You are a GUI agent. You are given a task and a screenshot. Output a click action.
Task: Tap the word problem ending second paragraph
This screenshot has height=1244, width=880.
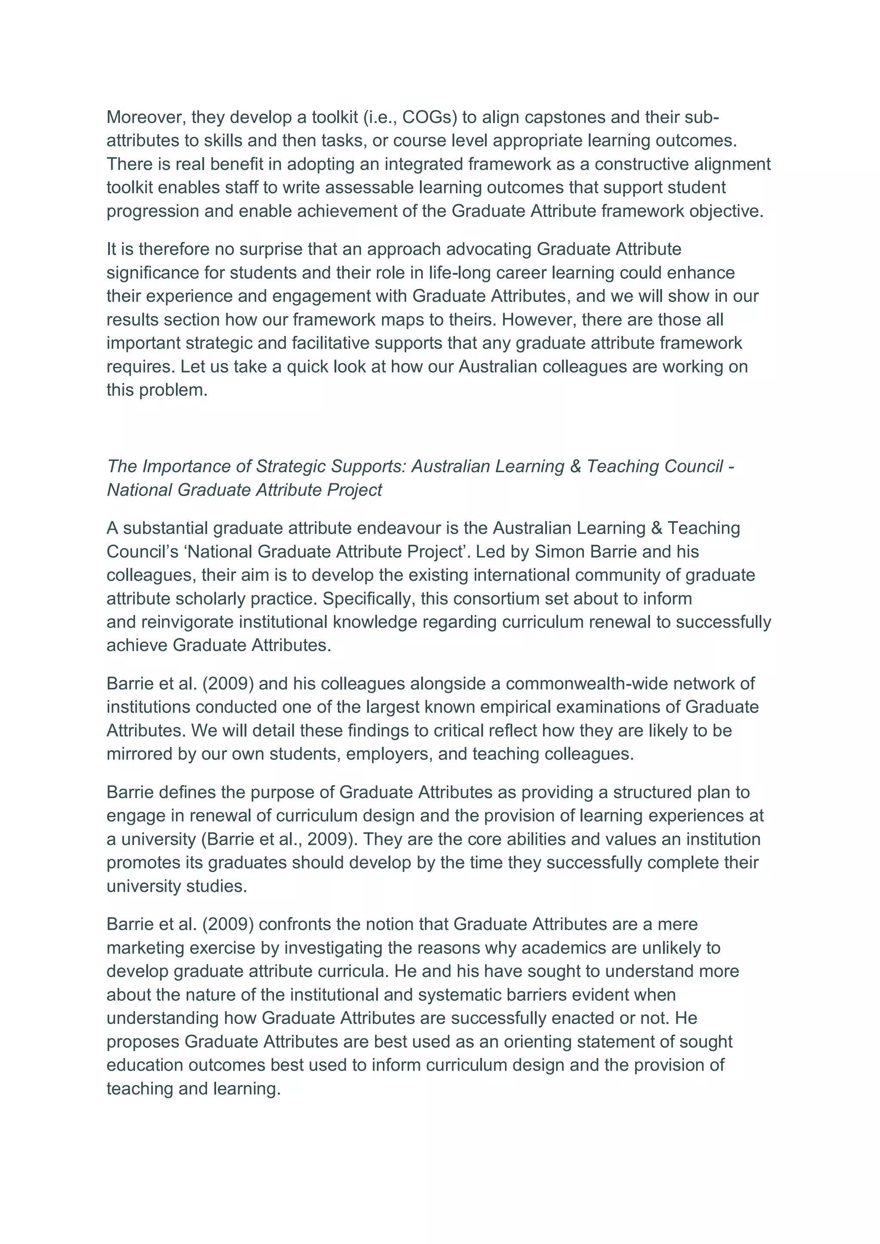pyautogui.click(x=174, y=390)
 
